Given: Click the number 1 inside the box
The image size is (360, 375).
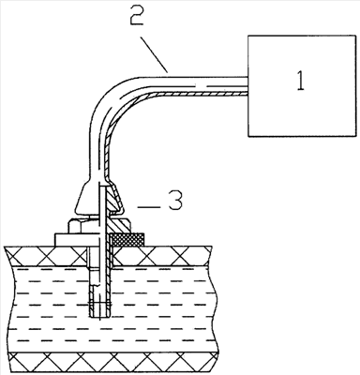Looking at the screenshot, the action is pyautogui.click(x=300, y=81).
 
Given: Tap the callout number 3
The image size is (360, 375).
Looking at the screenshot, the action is pyautogui.click(x=175, y=201).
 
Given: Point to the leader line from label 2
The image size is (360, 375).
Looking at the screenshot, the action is pyautogui.click(x=154, y=54).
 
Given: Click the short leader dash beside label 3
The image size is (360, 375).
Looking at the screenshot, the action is pyautogui.click(x=149, y=206).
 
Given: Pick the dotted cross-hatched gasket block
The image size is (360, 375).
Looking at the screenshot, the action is pyautogui.click(x=128, y=239).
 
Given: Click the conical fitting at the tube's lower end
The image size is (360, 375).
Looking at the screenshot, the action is pyautogui.click(x=98, y=199).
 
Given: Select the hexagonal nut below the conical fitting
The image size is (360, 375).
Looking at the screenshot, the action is pyautogui.click(x=99, y=225).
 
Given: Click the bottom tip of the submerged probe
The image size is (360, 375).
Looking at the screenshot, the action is pyautogui.click(x=100, y=318).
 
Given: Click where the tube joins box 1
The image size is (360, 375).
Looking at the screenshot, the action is pyautogui.click(x=248, y=85).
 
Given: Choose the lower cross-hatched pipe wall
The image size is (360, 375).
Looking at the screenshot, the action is pyautogui.click(x=112, y=363).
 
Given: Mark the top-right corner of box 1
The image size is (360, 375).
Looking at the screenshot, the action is pyautogui.click(x=356, y=36).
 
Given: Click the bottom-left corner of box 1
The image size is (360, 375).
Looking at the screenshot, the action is pyautogui.click(x=248, y=136).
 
